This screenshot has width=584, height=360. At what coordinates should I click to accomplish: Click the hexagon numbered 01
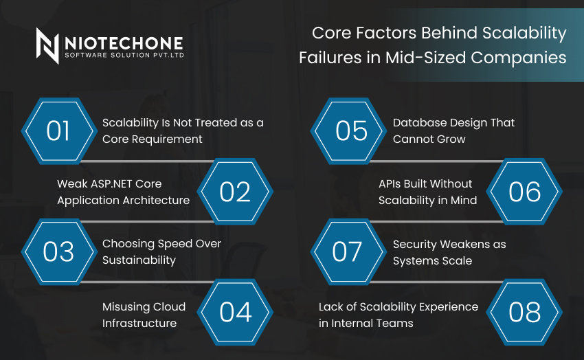pyautogui.click(x=58, y=131)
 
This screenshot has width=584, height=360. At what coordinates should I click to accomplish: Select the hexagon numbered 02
pyautogui.click(x=235, y=192)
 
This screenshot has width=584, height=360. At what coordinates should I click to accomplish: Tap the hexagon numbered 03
pyautogui.click(x=58, y=251)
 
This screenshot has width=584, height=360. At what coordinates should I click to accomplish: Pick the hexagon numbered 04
pyautogui.click(x=235, y=312)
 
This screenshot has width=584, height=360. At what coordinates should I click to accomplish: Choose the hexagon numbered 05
pyautogui.click(x=350, y=131)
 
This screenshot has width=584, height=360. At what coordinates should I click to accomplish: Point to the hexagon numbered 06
pyautogui.click(x=525, y=192)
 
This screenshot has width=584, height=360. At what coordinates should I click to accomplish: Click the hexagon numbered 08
pyautogui.click(x=525, y=312)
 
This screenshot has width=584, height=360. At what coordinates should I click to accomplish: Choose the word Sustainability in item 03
pyautogui.click(x=139, y=260)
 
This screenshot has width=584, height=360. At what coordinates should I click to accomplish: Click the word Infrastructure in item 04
pyautogui.click(x=139, y=323)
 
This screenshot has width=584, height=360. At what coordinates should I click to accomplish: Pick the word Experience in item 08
pyautogui.click(x=447, y=306)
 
